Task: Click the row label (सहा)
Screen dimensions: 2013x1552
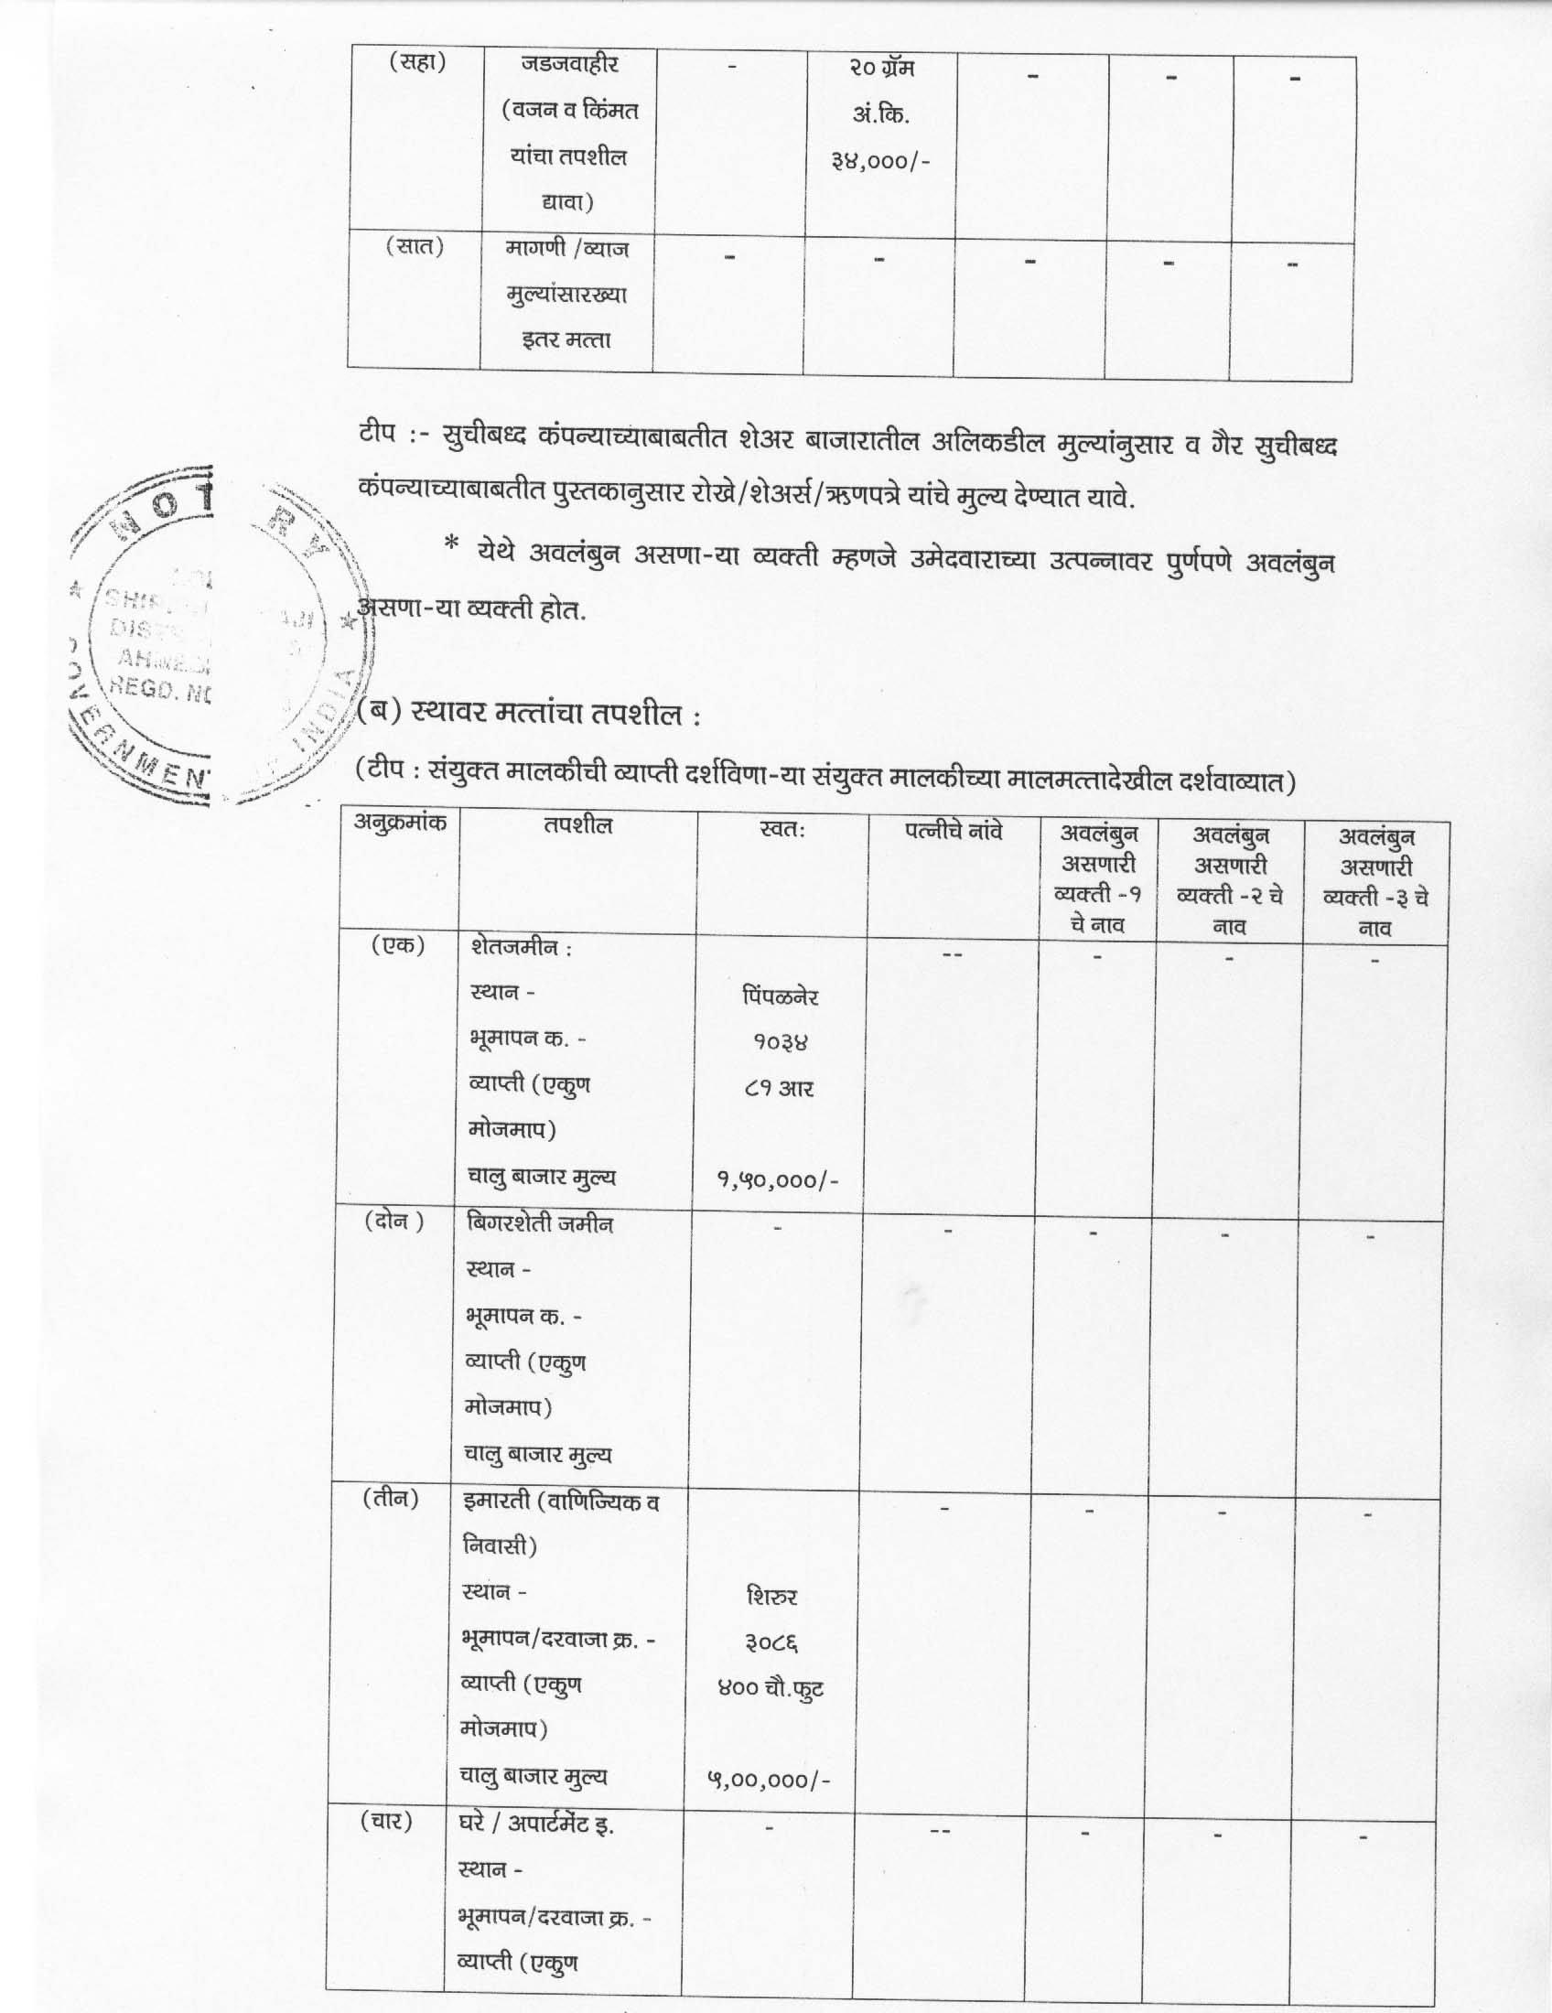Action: (415, 64)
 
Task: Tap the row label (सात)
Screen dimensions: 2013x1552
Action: (414, 247)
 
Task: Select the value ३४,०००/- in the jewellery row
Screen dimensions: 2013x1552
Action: (880, 162)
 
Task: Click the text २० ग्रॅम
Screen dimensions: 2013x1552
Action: (881, 69)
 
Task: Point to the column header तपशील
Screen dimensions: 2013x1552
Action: (577, 826)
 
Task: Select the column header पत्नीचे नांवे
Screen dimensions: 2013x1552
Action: (953, 832)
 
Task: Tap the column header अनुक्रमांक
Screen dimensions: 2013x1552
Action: (400, 823)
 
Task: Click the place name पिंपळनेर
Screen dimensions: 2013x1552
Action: (780, 996)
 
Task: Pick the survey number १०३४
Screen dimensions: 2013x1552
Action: (780, 1042)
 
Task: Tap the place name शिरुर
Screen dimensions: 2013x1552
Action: (772, 1597)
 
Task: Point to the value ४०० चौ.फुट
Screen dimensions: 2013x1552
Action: (771, 1688)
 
